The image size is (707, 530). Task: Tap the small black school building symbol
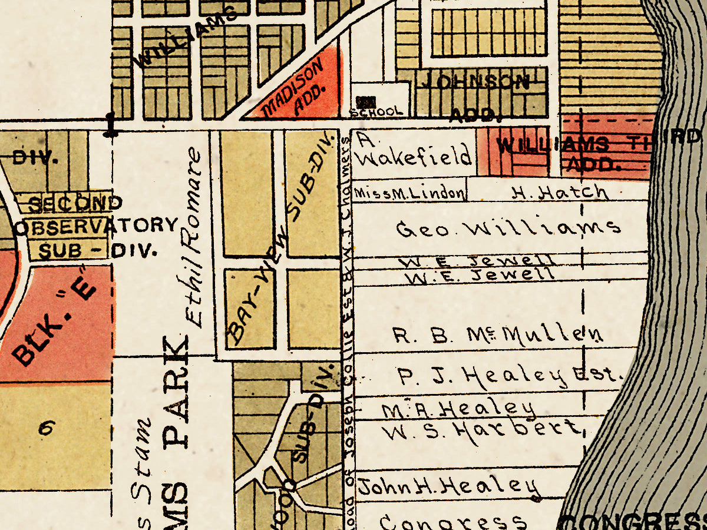pos(369,101)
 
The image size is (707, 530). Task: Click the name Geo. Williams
pos(508,228)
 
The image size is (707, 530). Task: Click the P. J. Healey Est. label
pos(510,376)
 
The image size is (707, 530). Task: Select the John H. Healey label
pos(449,487)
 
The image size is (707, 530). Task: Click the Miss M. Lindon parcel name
pos(409,194)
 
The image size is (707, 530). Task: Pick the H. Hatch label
pos(559,193)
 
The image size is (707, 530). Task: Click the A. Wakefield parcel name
pos(414,151)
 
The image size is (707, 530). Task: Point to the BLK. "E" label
pos(54,321)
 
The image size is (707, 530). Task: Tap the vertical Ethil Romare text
pos(193,238)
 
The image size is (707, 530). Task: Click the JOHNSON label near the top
pos(474,81)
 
